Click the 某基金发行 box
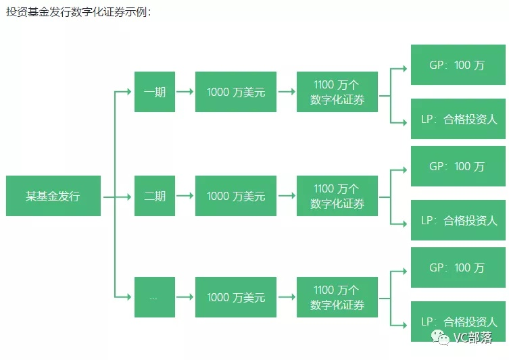click(x=53, y=196)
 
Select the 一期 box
click(x=155, y=92)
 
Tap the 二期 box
click(x=155, y=196)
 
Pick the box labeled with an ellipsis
click(x=155, y=297)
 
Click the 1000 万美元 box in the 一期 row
click(x=235, y=92)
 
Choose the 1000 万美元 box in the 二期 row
click(x=235, y=196)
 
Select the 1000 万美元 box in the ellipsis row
click(x=235, y=297)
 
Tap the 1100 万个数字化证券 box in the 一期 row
click(x=337, y=92)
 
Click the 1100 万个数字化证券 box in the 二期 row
click(x=337, y=196)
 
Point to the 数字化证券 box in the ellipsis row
click(x=337, y=297)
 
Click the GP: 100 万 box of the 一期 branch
click(x=457, y=66)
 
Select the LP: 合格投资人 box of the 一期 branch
click(x=457, y=120)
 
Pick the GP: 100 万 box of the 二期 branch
click(x=457, y=166)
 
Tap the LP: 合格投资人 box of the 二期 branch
click(x=457, y=220)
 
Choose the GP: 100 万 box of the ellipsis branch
click(x=457, y=267)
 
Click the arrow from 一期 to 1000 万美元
click(x=185, y=92)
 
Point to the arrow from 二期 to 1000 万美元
click(x=185, y=196)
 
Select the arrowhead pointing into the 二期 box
click(x=128, y=196)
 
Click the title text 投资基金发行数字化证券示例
click(x=78, y=12)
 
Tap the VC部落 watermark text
click(x=472, y=337)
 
